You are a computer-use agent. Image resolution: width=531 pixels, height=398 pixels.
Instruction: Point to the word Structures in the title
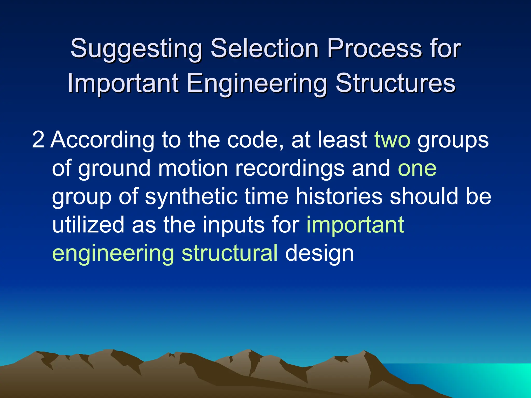(395, 83)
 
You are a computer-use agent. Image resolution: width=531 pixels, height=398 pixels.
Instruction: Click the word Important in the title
(123, 83)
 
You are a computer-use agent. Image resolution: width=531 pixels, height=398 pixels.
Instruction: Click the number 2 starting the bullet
(38, 140)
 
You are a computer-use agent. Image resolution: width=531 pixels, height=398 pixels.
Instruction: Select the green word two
(392, 140)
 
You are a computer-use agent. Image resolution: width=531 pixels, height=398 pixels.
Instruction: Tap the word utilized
(88, 225)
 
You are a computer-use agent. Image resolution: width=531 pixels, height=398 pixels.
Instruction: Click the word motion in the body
(193, 168)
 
